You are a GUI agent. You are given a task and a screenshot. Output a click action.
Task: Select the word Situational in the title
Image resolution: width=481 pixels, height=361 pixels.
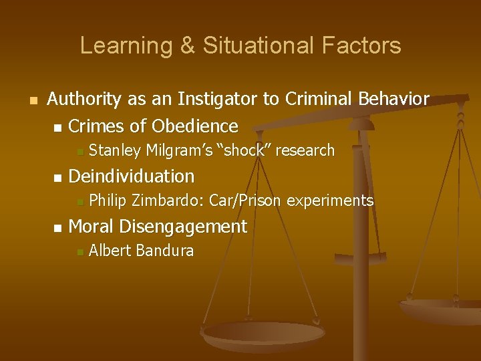pos(242,46)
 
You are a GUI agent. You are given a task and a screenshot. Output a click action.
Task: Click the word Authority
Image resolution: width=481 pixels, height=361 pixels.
pos(84,100)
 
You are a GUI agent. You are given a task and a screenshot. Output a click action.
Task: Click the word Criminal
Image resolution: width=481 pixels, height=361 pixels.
pos(319,100)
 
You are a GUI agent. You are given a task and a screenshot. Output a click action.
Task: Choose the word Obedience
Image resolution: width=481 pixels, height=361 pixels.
pos(195,126)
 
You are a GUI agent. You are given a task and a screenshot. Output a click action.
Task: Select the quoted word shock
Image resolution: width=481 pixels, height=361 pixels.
pos(243,151)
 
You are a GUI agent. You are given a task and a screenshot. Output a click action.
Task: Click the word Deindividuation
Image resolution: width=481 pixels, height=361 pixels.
pos(132,176)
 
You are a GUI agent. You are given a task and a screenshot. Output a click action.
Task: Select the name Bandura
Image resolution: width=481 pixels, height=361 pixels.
pos(164,251)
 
